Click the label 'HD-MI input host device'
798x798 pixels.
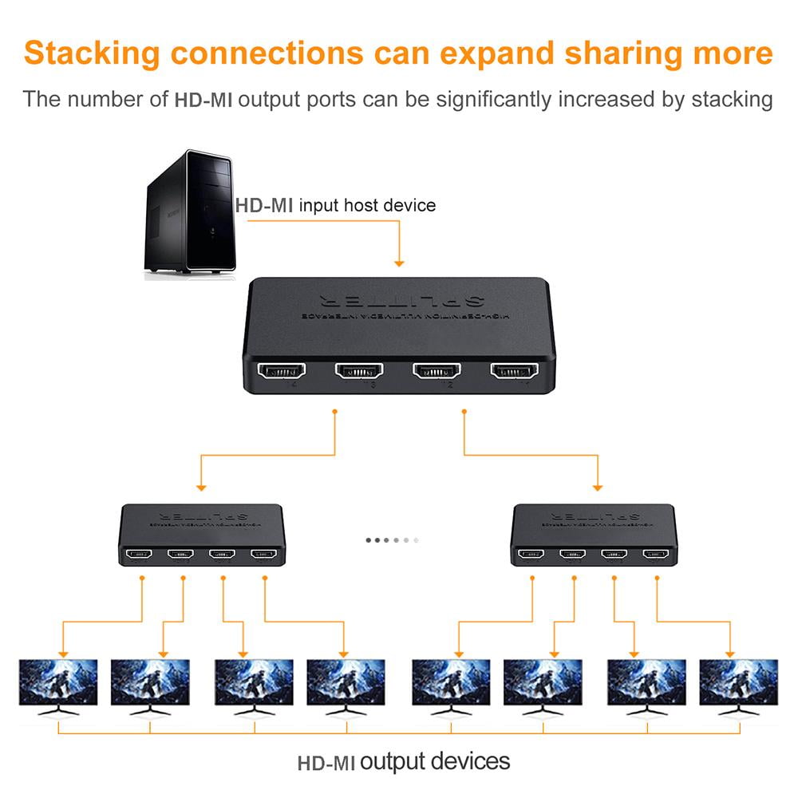pyautogui.click(x=335, y=205)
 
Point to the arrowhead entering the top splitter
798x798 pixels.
pyautogui.click(x=399, y=262)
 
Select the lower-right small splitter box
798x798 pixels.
pyautogui.click(x=595, y=534)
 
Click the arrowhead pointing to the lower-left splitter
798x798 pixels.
pyautogui.click(x=201, y=486)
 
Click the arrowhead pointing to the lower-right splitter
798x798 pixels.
pyautogui.click(x=598, y=486)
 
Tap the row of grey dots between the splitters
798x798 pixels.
pyautogui.click(x=392, y=540)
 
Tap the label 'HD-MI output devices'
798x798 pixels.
pyautogui.click(x=404, y=761)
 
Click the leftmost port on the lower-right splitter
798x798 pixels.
pyautogui.click(x=531, y=553)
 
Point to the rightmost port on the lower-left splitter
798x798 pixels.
pyautogui.click(x=263, y=553)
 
